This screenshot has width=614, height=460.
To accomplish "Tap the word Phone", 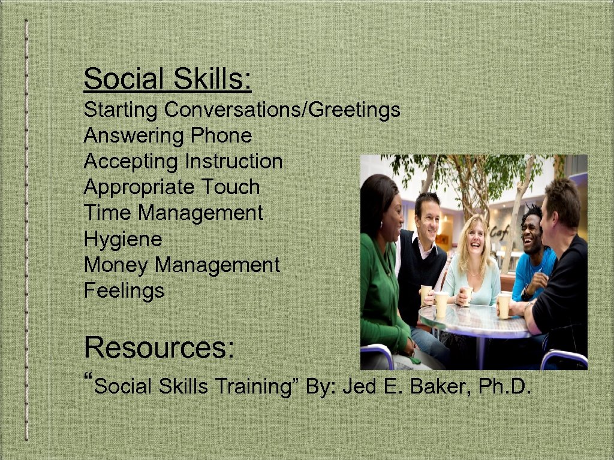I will tap(221, 136).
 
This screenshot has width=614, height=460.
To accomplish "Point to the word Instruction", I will tap(233, 162).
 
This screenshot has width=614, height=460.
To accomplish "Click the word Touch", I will tap(230, 187).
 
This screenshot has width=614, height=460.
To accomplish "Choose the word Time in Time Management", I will tap(108, 213).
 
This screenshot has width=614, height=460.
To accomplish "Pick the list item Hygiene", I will tap(123, 240).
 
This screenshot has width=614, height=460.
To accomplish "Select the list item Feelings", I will tap(124, 291).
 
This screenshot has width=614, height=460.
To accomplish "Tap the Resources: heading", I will tap(159, 347).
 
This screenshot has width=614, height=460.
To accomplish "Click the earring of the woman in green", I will tap(381, 225).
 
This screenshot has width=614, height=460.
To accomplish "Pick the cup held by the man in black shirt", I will tap(504, 304).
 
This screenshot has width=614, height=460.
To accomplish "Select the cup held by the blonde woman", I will tap(467, 295).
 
